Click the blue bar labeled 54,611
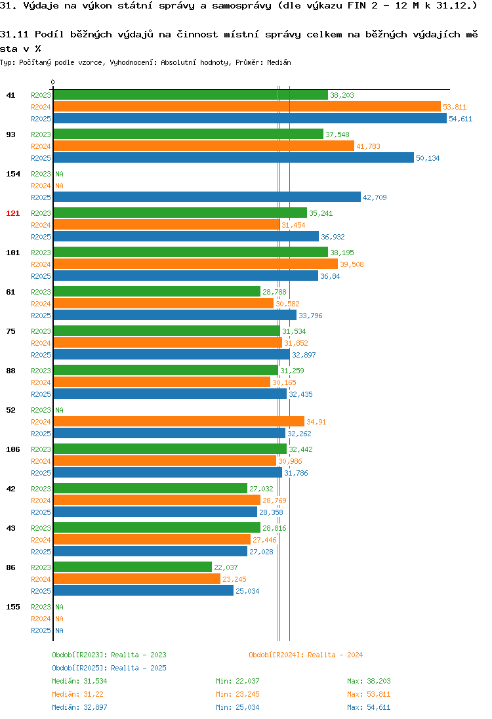(250, 118)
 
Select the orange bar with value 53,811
(247, 106)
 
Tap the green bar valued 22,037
(133, 567)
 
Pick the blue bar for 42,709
(207, 197)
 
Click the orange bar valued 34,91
(179, 421)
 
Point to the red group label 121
(13, 213)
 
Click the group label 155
(13, 607)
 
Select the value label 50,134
(428, 158)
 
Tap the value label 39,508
(352, 264)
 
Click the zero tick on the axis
(52, 83)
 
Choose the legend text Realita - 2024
(335, 655)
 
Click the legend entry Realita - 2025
(138, 668)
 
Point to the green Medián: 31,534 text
(79, 681)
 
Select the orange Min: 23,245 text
(237, 694)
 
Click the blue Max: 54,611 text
(369, 707)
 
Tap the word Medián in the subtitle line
(279, 62)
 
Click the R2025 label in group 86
(41, 591)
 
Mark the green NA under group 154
(59, 174)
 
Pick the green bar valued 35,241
(180, 213)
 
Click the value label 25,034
(247, 591)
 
